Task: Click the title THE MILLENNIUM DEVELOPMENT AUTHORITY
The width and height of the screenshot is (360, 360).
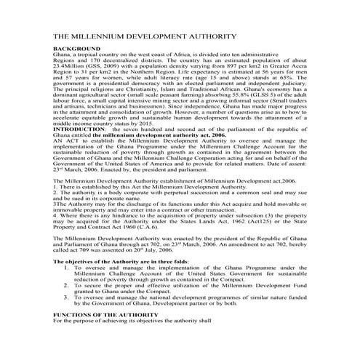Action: click(145, 36)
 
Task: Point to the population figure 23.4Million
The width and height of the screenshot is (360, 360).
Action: click(71, 63)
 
